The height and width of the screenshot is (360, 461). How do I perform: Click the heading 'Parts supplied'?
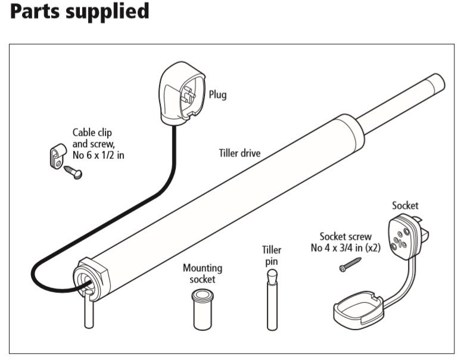click(79, 11)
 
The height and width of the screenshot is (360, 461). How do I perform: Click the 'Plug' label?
click(217, 95)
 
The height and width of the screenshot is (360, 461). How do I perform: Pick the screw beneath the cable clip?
click(73, 172)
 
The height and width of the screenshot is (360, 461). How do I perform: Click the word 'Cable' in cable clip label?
click(84, 133)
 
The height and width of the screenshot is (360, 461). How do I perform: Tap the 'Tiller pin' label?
click(272, 255)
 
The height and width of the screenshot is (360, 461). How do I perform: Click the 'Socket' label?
click(405, 206)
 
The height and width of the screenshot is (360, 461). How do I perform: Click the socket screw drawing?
click(351, 264)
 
